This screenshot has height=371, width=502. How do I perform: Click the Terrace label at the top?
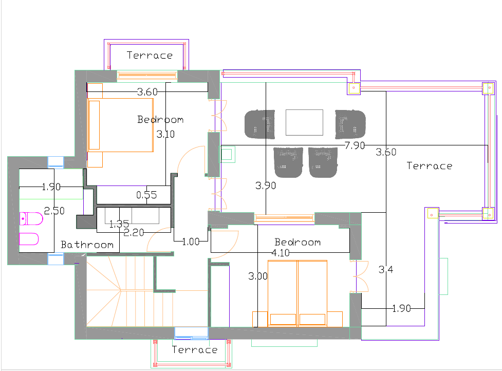[x=150, y=55]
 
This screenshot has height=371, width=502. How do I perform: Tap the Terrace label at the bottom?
[x=195, y=349]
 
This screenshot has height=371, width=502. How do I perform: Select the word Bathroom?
[x=87, y=245]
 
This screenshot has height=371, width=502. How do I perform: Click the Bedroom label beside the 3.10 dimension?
[x=160, y=120]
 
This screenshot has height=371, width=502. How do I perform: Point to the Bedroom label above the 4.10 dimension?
[x=298, y=242]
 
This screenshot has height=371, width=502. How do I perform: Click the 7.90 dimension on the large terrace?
[x=355, y=145]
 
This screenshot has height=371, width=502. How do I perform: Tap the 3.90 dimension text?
[x=266, y=185]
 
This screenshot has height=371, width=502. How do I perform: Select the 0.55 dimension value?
[x=146, y=195]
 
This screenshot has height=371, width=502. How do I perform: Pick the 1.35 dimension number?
[x=119, y=224]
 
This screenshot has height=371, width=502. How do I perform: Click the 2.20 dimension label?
[x=134, y=232]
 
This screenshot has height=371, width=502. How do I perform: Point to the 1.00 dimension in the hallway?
[x=191, y=242]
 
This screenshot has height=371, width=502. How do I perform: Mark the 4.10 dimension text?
[x=281, y=253]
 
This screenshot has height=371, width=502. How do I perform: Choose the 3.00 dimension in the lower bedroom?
[x=258, y=276]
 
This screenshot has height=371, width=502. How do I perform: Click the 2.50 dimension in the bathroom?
[x=54, y=211]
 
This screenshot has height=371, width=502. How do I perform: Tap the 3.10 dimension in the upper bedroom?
[x=166, y=134]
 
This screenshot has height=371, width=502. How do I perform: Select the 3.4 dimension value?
[x=386, y=270]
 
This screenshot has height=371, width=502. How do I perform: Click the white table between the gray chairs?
[x=305, y=123]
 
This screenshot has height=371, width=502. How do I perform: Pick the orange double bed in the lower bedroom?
[x=298, y=293]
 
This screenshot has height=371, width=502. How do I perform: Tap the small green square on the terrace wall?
[x=227, y=154]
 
